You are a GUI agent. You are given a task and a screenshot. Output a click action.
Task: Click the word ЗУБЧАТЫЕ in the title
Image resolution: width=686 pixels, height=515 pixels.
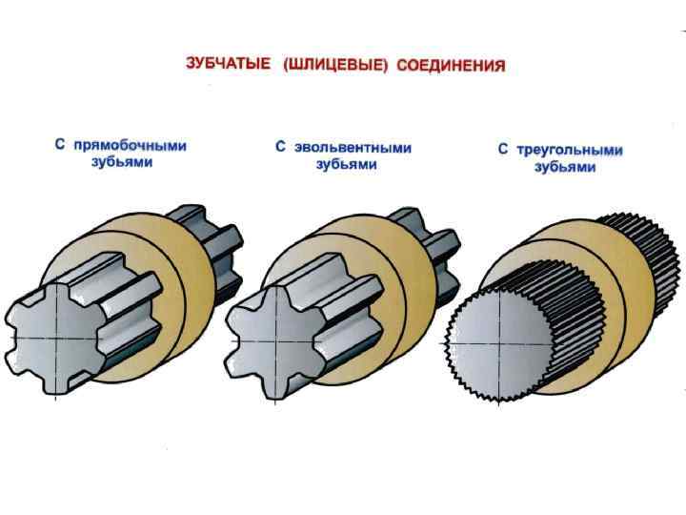coord(228,64)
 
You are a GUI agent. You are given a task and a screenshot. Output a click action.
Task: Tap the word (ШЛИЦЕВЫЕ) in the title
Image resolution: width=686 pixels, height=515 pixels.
coord(335,65)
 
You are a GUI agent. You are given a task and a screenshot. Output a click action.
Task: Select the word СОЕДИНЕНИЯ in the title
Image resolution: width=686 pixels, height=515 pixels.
coord(452,66)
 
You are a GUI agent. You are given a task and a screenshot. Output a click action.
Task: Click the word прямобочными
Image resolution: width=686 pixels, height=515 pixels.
coord(130,145)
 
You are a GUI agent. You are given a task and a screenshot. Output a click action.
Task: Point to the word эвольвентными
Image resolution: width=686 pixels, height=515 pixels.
coord(353,148)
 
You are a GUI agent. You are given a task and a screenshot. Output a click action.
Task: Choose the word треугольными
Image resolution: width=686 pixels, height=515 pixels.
coord(569,151)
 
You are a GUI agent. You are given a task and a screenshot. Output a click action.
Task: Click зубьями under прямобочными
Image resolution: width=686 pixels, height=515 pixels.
coord(122,162)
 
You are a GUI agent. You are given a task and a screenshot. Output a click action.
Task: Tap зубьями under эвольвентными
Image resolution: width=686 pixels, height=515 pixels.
coord(347,165)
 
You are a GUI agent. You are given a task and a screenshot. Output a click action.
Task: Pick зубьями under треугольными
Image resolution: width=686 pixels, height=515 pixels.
coord(565,167)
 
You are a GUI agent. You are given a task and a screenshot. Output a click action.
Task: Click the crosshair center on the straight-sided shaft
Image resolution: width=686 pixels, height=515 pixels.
coord(56,339)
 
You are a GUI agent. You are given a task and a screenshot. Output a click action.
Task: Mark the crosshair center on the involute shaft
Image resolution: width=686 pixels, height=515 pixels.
coord(275,341)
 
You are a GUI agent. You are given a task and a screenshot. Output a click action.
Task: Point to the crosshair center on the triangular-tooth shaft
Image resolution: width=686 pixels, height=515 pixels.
coord(499,344)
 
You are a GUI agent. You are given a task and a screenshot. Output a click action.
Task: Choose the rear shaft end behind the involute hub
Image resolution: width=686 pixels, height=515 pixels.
coord(434,250)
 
